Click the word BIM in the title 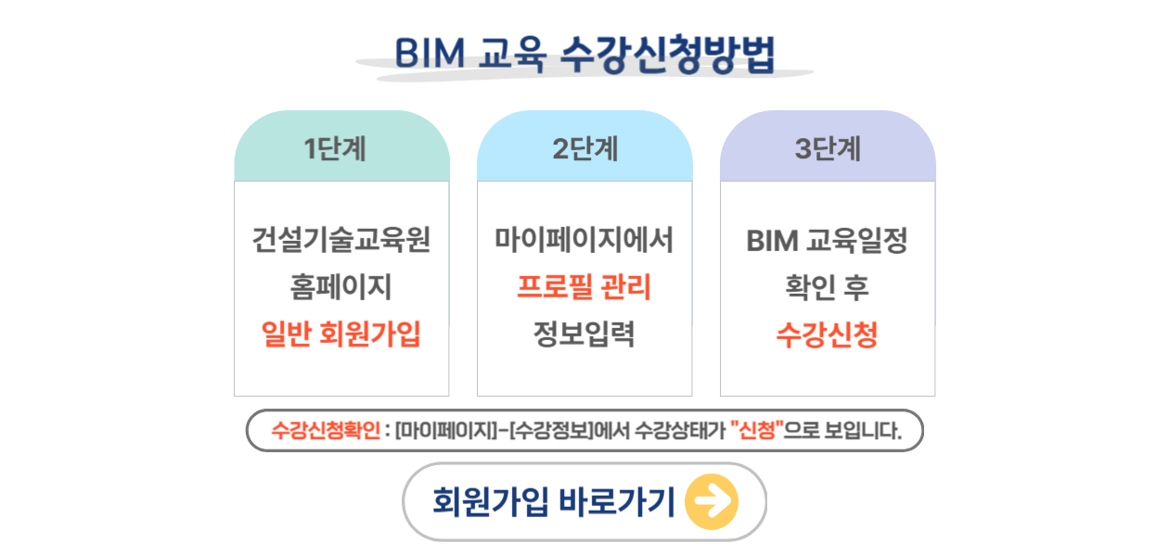coord(430,53)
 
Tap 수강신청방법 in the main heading coord(667,54)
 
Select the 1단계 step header coord(335,148)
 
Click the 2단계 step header coord(585,148)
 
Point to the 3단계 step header coord(828,148)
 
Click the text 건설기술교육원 coord(341,240)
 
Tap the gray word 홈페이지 coord(340,287)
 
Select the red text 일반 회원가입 coord(340,334)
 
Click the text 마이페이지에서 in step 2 coord(584,240)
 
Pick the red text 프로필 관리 coord(584,287)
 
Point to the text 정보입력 coord(584,334)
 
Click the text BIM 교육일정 coord(828,241)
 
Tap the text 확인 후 coord(828,287)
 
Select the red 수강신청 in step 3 coord(828,335)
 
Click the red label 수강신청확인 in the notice coord(326,430)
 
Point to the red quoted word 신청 coord(757,430)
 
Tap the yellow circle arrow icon coord(712,502)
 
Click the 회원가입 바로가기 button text coord(554,502)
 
